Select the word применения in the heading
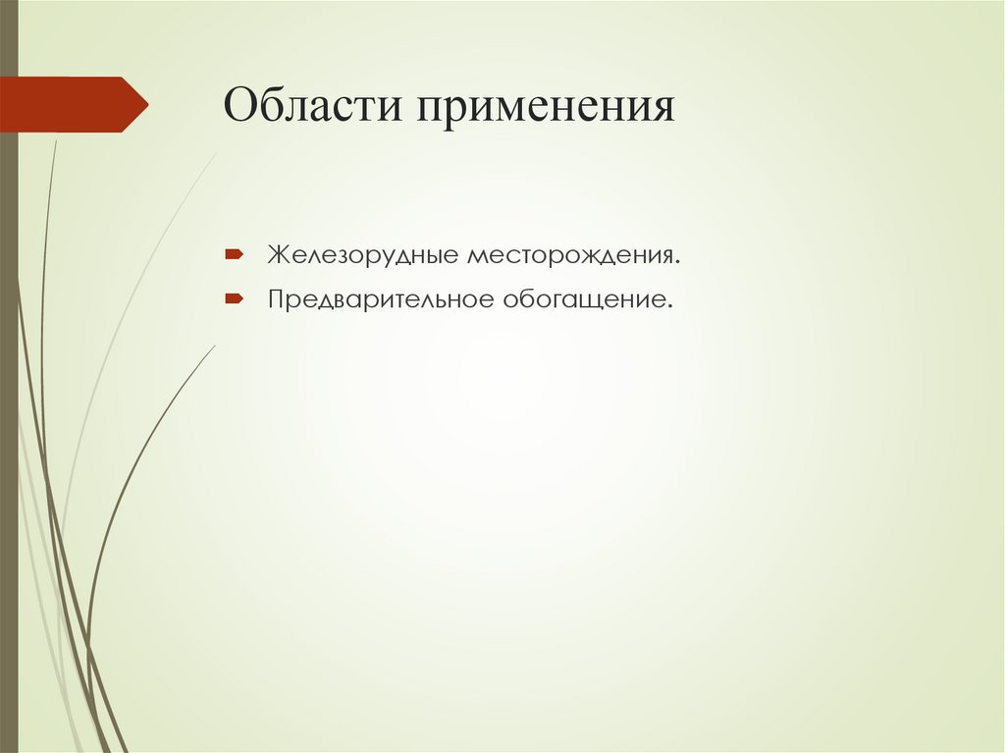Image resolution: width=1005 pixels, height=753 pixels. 549,107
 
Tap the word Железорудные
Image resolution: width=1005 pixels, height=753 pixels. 363,256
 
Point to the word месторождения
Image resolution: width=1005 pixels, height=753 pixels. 570,256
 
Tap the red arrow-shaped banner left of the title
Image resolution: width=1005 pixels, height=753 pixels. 69,104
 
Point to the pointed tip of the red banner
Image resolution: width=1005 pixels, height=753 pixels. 145,104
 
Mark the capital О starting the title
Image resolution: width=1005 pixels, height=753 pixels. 239,105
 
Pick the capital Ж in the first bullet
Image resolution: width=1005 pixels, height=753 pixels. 281,255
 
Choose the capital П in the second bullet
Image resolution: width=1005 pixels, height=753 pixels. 278,296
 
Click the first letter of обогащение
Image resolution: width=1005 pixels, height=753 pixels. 511,299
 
